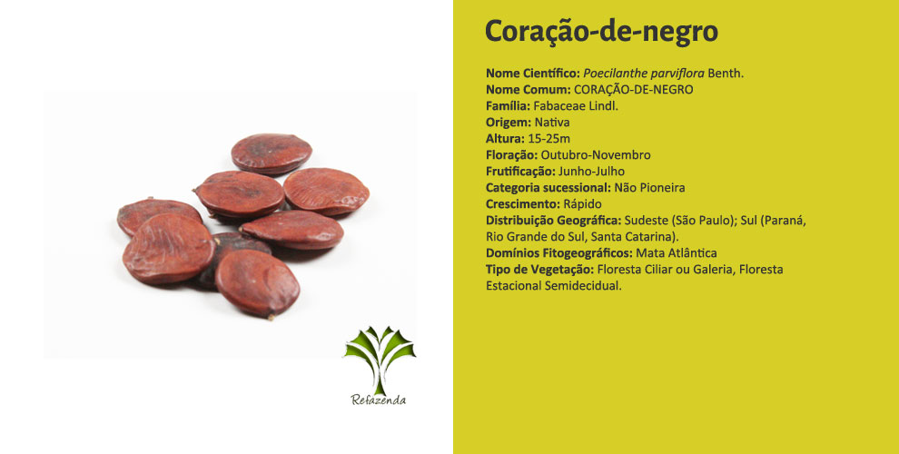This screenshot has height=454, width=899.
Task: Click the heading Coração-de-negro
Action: point(601,31)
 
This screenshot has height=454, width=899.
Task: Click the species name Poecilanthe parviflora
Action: point(644,74)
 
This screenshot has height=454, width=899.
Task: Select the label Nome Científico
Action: point(533,74)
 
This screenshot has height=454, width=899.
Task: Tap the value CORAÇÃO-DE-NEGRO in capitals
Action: point(634,89)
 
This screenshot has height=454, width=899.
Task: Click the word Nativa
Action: point(552,122)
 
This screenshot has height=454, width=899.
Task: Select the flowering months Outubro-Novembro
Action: point(596,154)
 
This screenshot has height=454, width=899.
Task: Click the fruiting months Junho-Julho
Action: point(591,172)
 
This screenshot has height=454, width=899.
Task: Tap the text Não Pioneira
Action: point(649,187)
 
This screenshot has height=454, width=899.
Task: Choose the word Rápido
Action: point(582,204)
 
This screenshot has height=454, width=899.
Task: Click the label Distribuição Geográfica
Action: point(554,220)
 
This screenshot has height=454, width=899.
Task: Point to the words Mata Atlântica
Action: point(677,252)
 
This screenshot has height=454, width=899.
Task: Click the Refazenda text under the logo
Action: point(379,400)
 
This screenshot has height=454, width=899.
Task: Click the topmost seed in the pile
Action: point(272,153)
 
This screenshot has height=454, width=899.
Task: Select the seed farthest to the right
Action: point(326,191)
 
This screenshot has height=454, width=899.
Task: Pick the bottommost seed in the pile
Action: point(257,283)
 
